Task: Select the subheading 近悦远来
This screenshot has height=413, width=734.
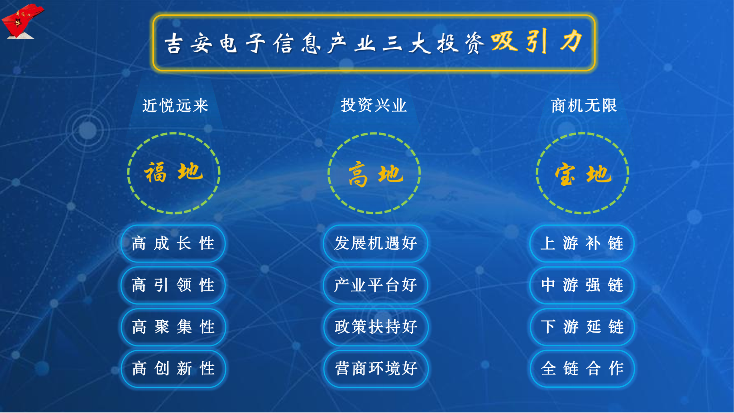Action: pos(175,106)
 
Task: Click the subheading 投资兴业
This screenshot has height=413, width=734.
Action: pos(374,105)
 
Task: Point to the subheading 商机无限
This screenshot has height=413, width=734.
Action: pos(584,106)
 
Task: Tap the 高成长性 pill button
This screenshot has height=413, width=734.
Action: pos(173,243)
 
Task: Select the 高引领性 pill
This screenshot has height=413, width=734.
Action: pos(173,285)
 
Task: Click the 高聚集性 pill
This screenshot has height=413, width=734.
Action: pos(173,327)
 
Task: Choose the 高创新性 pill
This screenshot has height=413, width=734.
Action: pos(173,369)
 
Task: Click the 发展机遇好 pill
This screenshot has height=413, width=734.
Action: pos(376,243)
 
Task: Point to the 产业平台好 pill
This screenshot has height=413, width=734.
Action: pos(376,285)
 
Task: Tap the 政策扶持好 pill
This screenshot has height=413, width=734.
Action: pos(376,327)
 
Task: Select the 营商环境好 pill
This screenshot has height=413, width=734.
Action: pos(376,369)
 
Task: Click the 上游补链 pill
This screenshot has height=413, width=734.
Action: pos(582,243)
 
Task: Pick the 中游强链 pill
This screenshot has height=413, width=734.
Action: pos(582,285)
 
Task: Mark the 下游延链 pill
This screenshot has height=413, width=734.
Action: pos(582,327)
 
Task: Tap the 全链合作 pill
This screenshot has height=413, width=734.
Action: pos(582,369)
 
